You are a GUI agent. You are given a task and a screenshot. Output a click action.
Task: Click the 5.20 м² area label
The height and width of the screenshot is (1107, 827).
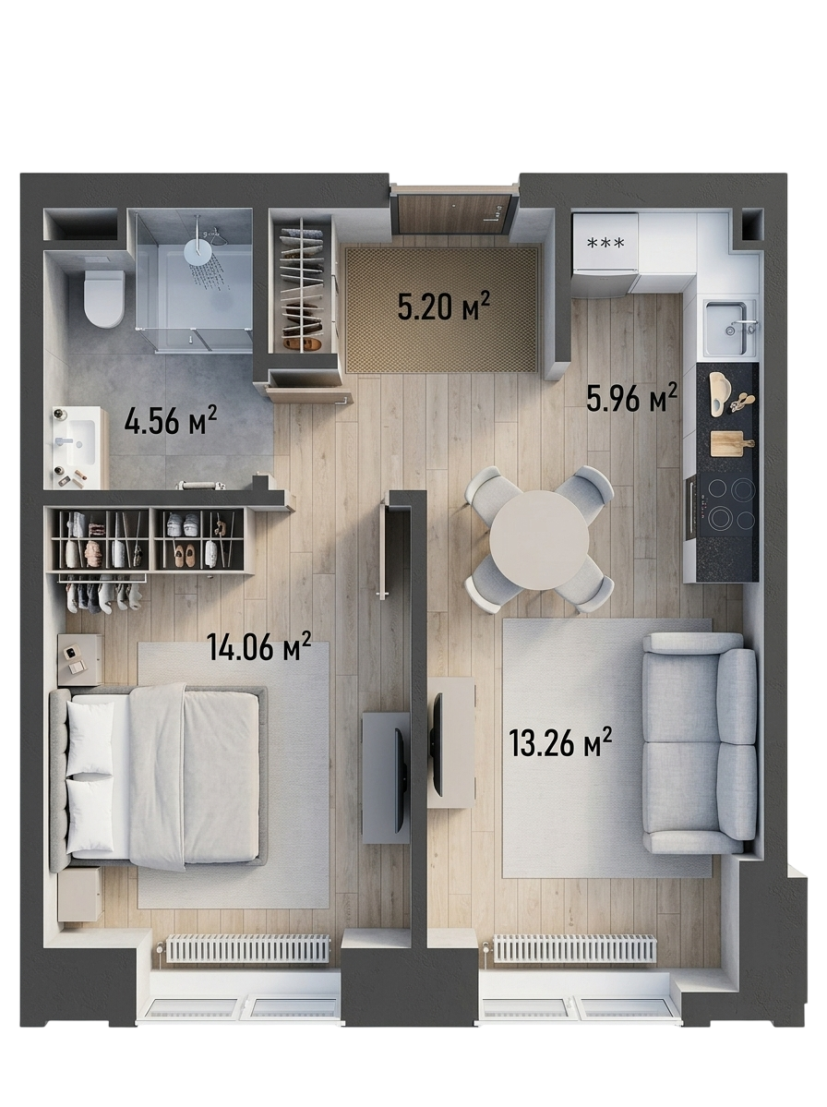point(444,307)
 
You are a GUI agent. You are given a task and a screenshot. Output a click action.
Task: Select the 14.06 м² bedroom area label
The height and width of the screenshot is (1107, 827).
point(259,646)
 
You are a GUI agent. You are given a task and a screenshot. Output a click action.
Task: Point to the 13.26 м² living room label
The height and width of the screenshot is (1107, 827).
point(559,742)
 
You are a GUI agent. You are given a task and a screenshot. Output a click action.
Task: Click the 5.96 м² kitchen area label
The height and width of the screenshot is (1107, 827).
point(632,398)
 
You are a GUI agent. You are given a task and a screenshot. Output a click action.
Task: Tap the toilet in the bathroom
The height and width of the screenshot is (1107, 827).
point(103,298)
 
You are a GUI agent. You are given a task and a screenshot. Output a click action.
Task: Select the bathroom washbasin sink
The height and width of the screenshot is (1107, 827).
point(77,442)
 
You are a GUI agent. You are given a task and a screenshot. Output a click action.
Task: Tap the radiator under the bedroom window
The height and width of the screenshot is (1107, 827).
point(247,948)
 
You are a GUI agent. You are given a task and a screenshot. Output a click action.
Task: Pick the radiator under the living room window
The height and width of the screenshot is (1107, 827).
point(575,948)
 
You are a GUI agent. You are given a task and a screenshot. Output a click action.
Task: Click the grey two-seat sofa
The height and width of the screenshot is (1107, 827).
point(700,743)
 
